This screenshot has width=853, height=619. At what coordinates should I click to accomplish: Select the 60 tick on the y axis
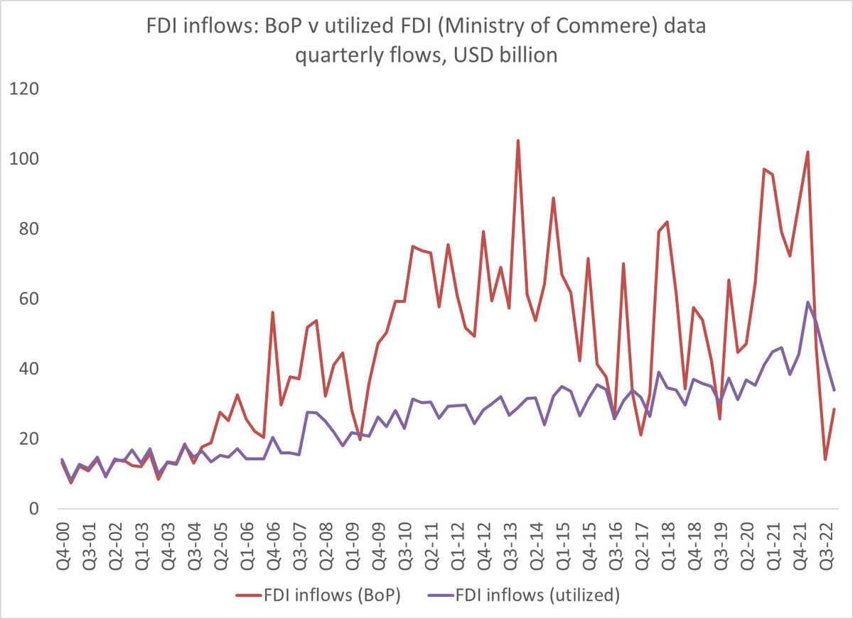coord(26,299)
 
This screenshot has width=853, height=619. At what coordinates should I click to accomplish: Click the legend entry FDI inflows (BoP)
coord(318,596)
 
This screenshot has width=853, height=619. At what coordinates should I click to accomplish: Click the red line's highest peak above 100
coord(517,141)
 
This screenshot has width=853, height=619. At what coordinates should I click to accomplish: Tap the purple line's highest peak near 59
coord(808,302)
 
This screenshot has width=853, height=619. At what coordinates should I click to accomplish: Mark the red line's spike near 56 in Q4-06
coord(272,313)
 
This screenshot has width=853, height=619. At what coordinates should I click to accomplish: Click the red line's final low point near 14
coord(825,459)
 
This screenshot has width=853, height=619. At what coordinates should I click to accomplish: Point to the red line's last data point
coord(834,409)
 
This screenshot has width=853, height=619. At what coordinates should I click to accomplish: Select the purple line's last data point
coord(834,390)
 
